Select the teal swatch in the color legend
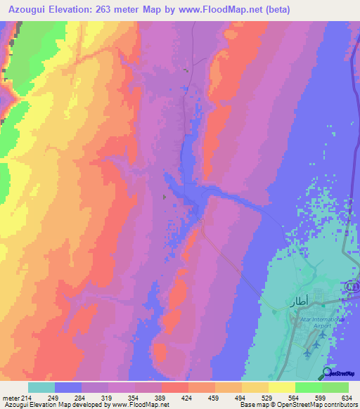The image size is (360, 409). (41, 387)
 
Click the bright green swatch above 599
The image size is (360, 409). (308, 387)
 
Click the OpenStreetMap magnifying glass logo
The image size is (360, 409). (328, 373)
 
